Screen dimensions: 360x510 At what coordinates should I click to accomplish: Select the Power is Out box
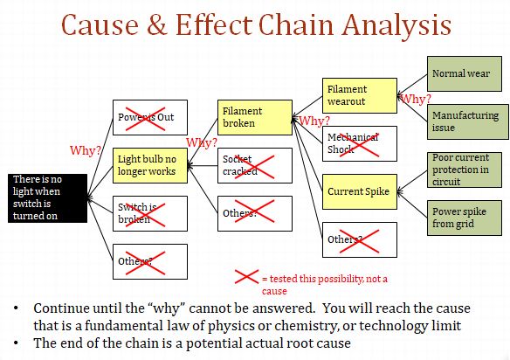(150, 117)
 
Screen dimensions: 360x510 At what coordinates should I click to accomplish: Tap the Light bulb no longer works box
(150, 165)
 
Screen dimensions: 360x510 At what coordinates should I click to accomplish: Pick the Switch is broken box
(150, 213)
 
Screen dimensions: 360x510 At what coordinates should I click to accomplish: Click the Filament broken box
(253, 117)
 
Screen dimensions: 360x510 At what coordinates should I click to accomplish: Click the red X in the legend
(247, 279)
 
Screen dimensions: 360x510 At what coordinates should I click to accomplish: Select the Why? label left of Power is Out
(86, 150)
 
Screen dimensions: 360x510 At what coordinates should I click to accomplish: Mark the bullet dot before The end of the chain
(17, 342)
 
